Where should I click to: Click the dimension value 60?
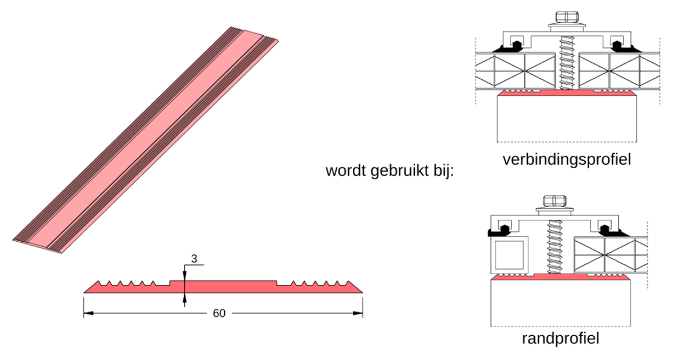point(218,314)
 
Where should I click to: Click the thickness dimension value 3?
point(194,259)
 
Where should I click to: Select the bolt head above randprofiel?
point(553,201)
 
